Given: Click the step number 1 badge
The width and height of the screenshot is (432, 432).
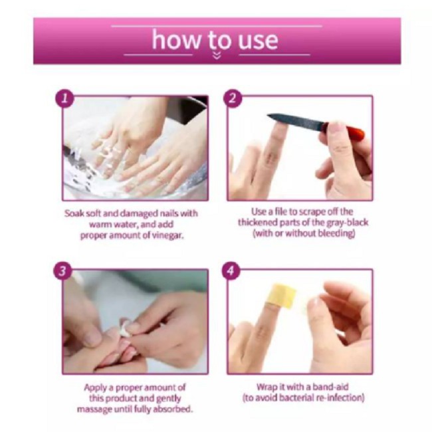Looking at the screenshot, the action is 64,98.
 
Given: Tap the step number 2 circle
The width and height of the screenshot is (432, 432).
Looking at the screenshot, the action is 233,98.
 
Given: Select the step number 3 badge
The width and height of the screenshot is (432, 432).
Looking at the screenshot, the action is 63,271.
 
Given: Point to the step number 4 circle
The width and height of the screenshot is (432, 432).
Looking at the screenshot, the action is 231,271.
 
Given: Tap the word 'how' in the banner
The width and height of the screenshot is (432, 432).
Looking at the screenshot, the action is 177,40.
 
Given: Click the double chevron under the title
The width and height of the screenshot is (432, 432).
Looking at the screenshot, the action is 217,56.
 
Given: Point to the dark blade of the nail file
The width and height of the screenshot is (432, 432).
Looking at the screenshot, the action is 295,121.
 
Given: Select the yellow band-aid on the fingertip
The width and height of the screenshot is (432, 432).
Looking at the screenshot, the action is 280,296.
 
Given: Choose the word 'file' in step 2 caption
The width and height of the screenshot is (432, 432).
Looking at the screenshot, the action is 281,211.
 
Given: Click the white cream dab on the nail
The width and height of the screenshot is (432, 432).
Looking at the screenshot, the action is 124,327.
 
